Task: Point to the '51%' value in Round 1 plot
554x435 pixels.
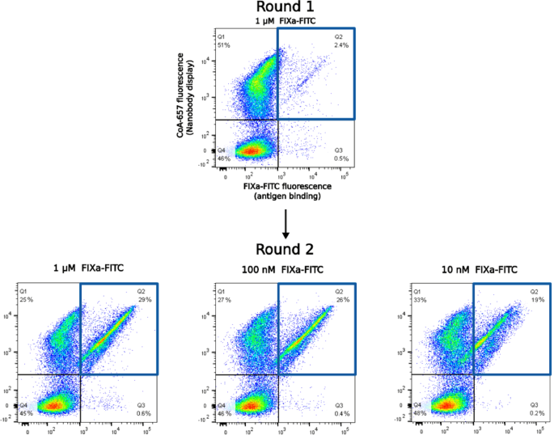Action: coord(224,45)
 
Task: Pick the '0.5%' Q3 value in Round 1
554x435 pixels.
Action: coord(340,158)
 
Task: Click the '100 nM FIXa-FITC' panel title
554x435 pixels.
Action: coord(277,269)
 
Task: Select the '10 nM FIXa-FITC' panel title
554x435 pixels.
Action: coord(475,269)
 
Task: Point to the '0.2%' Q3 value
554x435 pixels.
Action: coord(535,412)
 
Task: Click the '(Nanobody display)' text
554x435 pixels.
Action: coord(194,95)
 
